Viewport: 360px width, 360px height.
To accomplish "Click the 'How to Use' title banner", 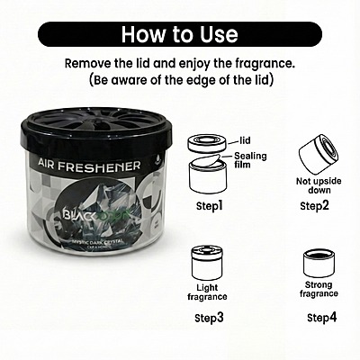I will click(x=180, y=34).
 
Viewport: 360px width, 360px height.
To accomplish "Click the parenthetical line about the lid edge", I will click(x=180, y=79).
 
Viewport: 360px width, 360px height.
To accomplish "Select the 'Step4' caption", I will click(x=321, y=318).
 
